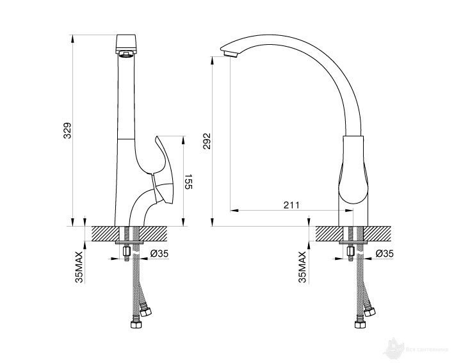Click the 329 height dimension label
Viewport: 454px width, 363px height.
pos(76,130)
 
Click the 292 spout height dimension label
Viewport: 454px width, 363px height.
pos(207,141)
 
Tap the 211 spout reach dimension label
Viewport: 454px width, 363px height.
pos(291,205)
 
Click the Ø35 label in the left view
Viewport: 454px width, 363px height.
pos(159,254)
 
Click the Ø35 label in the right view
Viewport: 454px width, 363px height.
pos(384,254)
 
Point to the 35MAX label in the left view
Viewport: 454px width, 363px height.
pos(79,268)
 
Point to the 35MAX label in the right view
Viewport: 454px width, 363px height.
pos(303,268)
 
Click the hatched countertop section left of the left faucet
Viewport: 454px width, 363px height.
pos(106,234)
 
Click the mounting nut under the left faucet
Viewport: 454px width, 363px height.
pos(127,252)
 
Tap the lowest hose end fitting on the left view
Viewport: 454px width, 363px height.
pos(136,323)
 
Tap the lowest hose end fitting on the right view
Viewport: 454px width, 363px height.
pos(360,323)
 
